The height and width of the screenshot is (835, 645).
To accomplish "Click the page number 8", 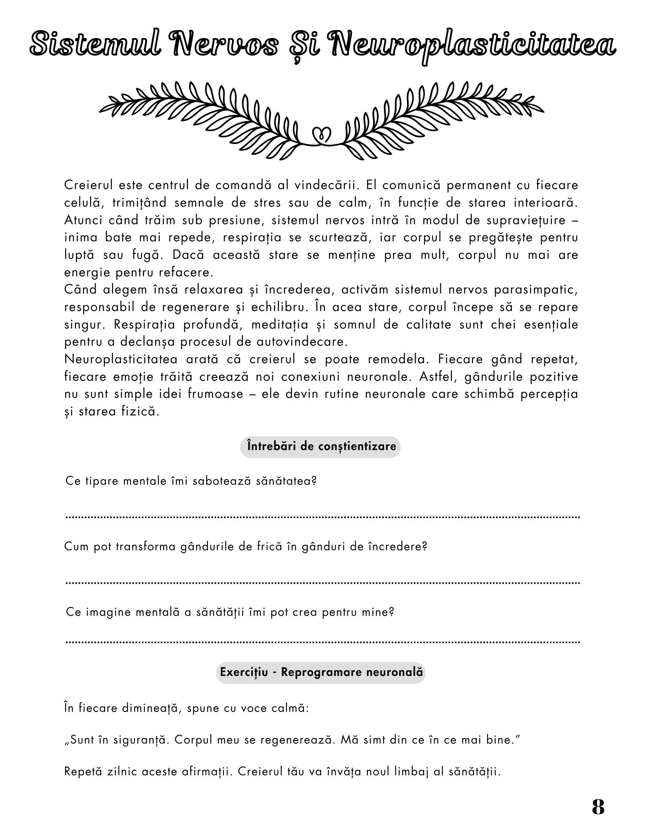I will (x=598, y=807).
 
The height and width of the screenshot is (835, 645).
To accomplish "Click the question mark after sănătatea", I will (x=314, y=481).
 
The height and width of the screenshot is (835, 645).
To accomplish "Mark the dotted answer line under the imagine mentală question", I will (x=323, y=642).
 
